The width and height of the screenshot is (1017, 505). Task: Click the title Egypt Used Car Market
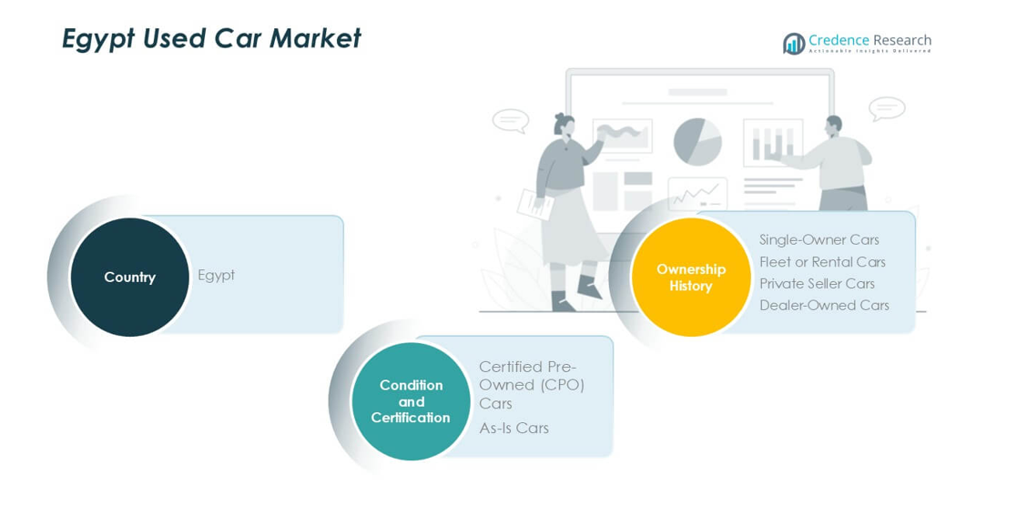(x=211, y=39)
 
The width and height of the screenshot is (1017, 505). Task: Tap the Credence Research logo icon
(x=793, y=44)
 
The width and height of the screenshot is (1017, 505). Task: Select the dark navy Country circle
(x=129, y=277)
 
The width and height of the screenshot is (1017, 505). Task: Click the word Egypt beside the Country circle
(x=216, y=276)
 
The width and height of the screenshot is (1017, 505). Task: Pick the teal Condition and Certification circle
(x=411, y=401)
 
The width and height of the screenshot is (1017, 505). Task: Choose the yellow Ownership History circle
(x=691, y=277)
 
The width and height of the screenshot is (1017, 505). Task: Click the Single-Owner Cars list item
(x=819, y=240)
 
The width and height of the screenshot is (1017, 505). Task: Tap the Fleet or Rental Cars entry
(x=822, y=262)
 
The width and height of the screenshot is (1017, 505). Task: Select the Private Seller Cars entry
(x=818, y=283)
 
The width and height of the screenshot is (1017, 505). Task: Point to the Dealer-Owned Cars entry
(x=824, y=305)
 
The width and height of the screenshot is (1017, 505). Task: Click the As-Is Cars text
(x=514, y=428)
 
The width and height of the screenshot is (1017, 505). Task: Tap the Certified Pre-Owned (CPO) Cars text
(x=532, y=385)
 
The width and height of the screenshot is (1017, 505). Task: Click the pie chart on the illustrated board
(x=698, y=141)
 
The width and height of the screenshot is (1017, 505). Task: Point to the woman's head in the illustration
(x=564, y=125)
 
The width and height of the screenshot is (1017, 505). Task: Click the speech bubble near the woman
(x=511, y=121)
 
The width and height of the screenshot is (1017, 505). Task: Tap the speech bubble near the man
(x=887, y=109)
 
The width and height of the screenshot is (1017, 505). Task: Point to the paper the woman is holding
(x=535, y=204)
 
